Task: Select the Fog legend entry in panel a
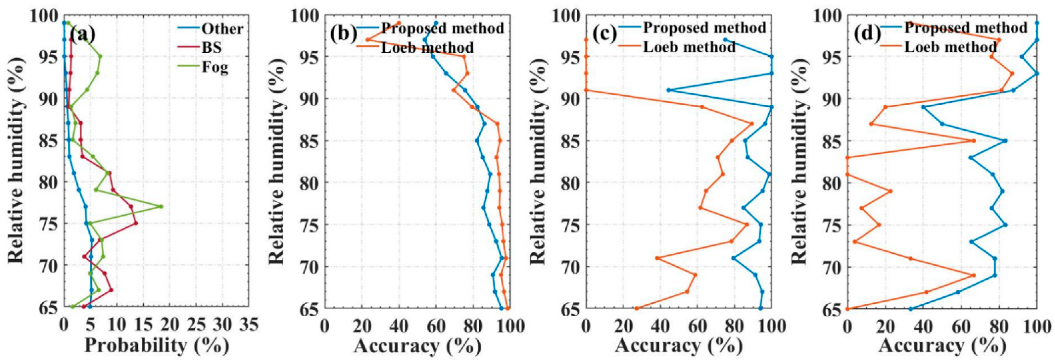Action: (215, 66)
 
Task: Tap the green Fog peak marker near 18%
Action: (161, 206)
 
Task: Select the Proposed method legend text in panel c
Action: (704, 28)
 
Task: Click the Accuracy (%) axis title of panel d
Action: (942, 345)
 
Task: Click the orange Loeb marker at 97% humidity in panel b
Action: (368, 40)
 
